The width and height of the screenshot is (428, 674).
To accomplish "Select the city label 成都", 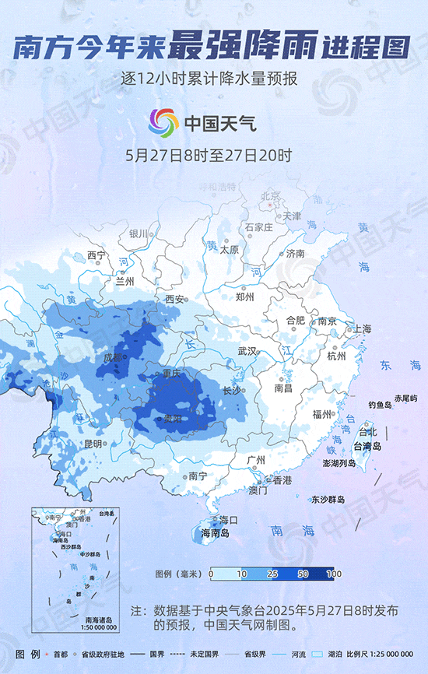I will pos(113,358).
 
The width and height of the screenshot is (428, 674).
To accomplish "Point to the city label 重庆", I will pos(172,374).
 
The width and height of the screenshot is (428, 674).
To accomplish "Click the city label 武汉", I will pos(247,351).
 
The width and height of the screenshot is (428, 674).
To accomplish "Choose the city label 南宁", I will pos(198,476).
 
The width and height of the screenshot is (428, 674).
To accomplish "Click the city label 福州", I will pos(321,414).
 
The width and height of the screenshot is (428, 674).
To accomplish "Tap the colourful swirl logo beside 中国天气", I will pos(163,121).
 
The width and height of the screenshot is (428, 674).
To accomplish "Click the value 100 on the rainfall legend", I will pos(335,574).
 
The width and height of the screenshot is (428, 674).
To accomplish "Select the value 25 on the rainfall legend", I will pos(272,574).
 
